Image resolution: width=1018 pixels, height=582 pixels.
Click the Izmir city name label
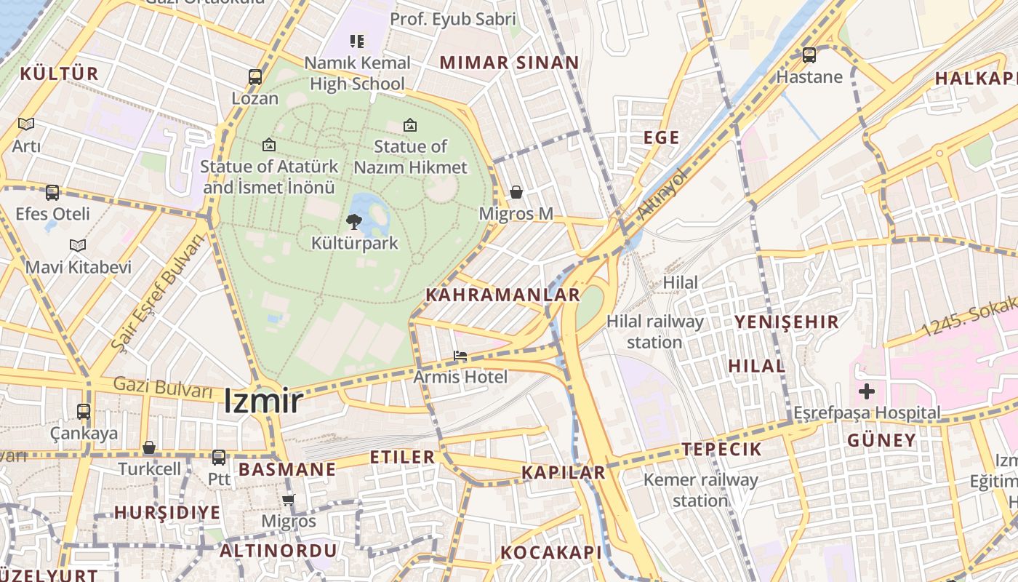(262, 401)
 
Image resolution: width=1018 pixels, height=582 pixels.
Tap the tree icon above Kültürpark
(354, 221)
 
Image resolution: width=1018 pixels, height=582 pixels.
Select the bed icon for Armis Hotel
(460, 356)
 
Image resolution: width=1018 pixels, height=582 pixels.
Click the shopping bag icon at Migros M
(516, 192)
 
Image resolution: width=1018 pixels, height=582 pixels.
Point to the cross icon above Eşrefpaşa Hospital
(866, 392)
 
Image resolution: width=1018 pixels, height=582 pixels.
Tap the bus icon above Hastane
(809, 55)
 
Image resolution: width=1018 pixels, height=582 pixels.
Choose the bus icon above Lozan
(255, 76)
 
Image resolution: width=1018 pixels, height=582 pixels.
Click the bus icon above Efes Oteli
(52, 193)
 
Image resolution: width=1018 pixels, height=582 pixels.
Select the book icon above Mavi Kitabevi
(78, 246)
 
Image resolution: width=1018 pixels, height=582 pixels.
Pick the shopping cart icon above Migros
(289, 500)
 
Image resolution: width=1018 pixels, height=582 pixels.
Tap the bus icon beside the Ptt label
(219, 458)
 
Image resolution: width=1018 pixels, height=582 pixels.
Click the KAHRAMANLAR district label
(503, 295)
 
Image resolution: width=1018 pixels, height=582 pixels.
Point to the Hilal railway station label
(654, 331)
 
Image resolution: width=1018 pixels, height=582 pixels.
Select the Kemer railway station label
(700, 490)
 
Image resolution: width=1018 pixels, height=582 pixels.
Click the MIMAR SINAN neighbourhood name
(509, 63)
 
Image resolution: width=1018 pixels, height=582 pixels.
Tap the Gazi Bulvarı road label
(163, 387)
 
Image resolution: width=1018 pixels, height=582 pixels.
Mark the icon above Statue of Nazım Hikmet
(410, 125)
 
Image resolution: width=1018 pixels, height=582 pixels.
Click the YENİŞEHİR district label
(786, 322)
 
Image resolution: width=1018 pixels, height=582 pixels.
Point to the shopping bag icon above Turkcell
(149, 447)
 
